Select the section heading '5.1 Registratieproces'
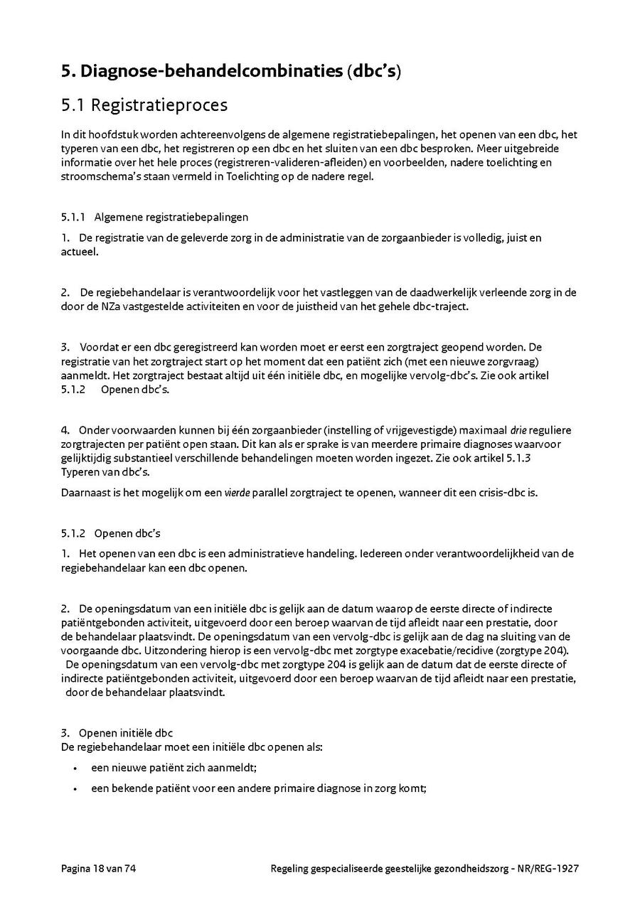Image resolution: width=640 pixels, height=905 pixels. coord(144,105)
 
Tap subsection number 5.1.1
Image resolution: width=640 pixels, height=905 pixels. coord(73,217)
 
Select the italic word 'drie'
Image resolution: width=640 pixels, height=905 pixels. coord(518,430)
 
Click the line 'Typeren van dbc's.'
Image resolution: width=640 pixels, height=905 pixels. coord(105,472)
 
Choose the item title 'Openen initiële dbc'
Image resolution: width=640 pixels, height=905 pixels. coord(126,733)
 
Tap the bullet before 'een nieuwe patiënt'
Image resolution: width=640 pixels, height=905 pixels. coord(75,769)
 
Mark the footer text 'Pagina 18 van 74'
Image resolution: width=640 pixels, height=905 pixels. coord(98,868)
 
